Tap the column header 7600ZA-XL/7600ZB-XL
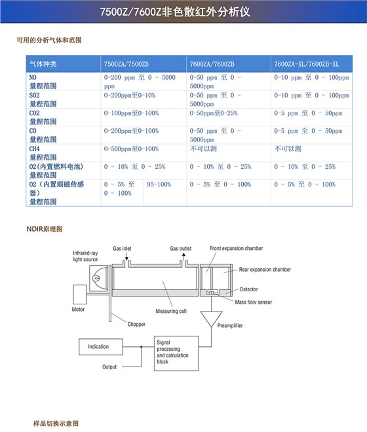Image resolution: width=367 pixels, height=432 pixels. click(x=306, y=64)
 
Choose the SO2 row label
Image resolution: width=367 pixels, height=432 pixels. click(x=35, y=96)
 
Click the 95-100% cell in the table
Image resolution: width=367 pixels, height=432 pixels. click(x=159, y=185)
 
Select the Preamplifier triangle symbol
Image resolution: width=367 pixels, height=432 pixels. click(x=211, y=319)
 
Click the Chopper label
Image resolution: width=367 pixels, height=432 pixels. click(x=136, y=325)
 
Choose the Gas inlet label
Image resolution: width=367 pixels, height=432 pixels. click(x=123, y=249)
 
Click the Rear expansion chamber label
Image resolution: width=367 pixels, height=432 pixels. click(x=265, y=269)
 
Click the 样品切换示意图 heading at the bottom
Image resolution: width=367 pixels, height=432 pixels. click(x=56, y=423)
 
